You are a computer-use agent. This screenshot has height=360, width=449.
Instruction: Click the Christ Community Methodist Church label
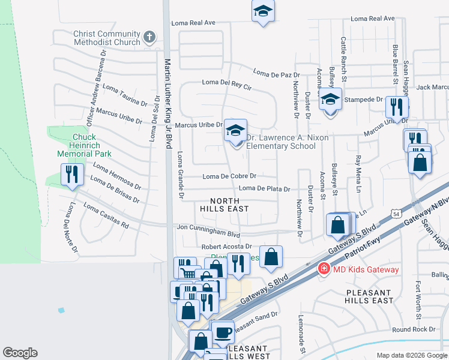coord(107,38)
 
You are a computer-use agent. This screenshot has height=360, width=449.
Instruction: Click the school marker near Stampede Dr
coord(330,100)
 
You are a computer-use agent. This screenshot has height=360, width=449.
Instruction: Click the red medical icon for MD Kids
coord(324,269)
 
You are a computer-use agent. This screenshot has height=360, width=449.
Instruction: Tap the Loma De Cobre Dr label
coord(229,176)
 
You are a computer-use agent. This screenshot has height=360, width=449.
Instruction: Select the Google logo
coord(20,353)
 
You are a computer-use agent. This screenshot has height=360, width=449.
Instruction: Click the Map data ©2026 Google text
coord(412,355)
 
